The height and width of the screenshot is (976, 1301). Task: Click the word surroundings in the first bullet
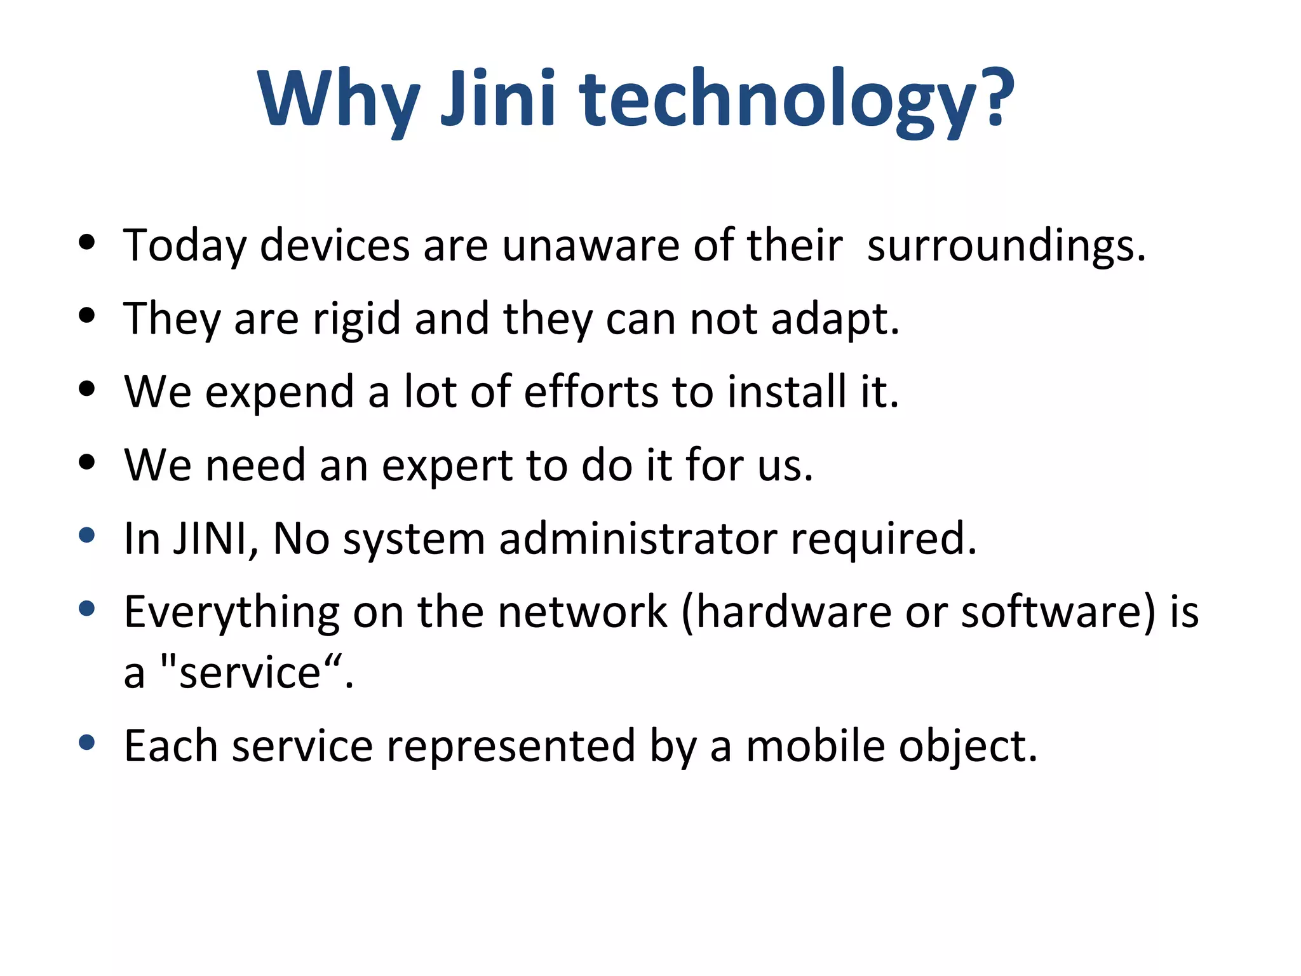point(1006,245)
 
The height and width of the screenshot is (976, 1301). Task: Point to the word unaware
point(591,245)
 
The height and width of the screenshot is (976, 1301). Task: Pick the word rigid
point(356,319)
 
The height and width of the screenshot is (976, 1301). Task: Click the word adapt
point(835,319)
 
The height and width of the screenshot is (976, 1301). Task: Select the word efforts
point(591,391)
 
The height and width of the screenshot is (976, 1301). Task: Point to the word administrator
point(638,539)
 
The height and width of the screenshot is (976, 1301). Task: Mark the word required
point(883,539)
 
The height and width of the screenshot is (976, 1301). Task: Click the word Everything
point(232,613)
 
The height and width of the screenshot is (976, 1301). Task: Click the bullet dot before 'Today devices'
point(87,242)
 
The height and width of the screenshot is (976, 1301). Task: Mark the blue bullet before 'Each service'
point(87,742)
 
